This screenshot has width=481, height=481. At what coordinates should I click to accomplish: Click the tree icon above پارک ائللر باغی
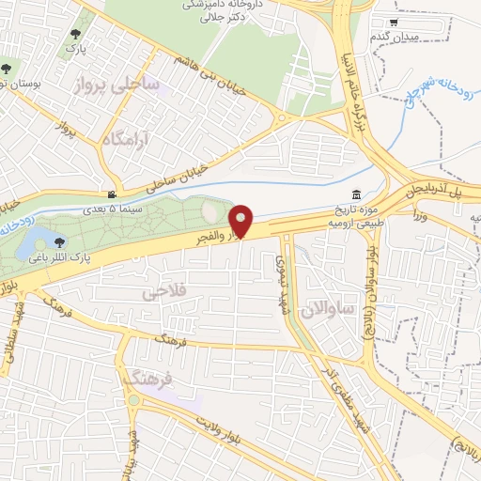tap(59, 243)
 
